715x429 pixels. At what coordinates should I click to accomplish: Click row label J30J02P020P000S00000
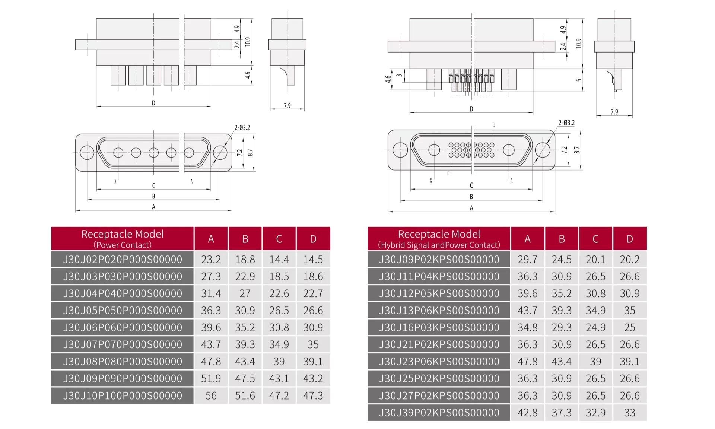click(x=123, y=259)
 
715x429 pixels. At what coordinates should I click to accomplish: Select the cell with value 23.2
click(x=211, y=259)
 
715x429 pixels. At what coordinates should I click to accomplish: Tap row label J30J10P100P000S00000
click(x=123, y=395)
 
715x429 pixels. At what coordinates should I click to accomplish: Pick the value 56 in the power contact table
click(x=211, y=395)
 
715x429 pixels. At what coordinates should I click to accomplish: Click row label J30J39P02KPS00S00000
click(x=439, y=413)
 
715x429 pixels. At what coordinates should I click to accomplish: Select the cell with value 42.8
click(x=527, y=413)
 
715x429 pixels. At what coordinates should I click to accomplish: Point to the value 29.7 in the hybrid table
click(x=527, y=259)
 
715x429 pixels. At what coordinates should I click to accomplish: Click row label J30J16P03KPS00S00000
click(x=439, y=327)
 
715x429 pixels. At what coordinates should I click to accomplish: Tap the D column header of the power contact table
click(x=313, y=239)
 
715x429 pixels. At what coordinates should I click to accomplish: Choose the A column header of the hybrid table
click(x=527, y=239)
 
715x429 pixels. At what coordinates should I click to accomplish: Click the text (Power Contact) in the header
click(x=123, y=245)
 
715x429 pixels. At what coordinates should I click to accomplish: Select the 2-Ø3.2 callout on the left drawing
click(x=242, y=128)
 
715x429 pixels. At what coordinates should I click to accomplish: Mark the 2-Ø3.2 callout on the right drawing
click(x=566, y=123)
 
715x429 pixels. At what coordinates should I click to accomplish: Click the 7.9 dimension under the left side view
click(x=287, y=106)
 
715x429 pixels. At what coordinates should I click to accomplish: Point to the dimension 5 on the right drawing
click(x=578, y=80)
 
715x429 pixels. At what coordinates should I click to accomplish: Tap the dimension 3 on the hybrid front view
click(x=399, y=76)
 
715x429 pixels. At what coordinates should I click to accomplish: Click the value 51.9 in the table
click(x=211, y=378)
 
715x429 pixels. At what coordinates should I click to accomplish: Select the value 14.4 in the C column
click(x=279, y=259)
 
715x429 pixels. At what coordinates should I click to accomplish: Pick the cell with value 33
click(x=630, y=413)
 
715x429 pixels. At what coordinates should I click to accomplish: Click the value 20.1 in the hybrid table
click(x=595, y=259)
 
